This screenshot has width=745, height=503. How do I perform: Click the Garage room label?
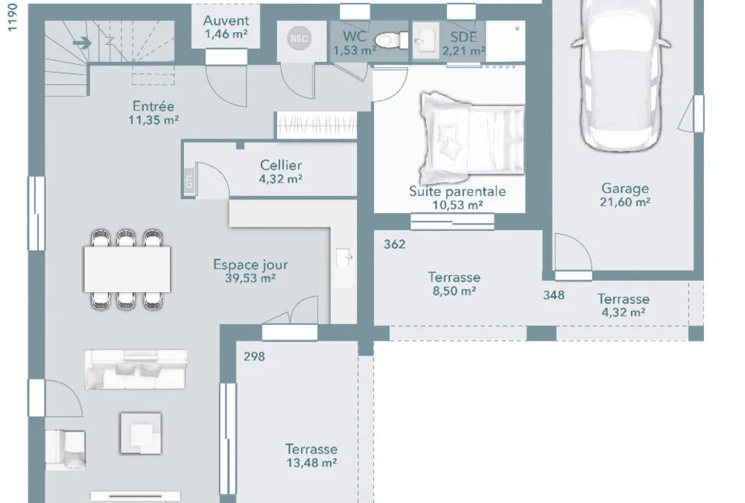tap(625, 189)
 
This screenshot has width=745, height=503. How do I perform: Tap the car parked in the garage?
tap(621, 74)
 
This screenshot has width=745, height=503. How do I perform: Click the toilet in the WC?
tap(391, 40)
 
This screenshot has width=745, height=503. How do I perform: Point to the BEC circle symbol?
tap(299, 39)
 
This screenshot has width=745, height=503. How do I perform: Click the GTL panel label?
tap(189, 181)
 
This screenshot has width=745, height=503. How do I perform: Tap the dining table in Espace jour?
tap(127, 268)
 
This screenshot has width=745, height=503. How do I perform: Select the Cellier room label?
tap(281, 165)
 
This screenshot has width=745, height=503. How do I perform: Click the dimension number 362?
tap(394, 244)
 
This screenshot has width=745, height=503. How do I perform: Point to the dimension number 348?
tap(554, 295)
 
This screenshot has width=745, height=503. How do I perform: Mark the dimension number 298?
tap(254, 356)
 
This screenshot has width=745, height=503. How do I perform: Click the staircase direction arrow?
tap(82, 43)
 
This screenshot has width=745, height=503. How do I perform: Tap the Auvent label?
tap(226, 20)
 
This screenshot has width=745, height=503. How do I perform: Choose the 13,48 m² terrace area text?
tap(311, 463)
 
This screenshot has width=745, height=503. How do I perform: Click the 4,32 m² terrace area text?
tap(624, 312)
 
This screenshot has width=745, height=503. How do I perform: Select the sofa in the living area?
tap(136, 370)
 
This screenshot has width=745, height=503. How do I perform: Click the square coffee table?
tap(141, 433)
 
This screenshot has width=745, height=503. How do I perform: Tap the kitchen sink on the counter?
tap(344, 259)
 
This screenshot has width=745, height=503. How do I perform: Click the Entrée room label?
tap(153, 106)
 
